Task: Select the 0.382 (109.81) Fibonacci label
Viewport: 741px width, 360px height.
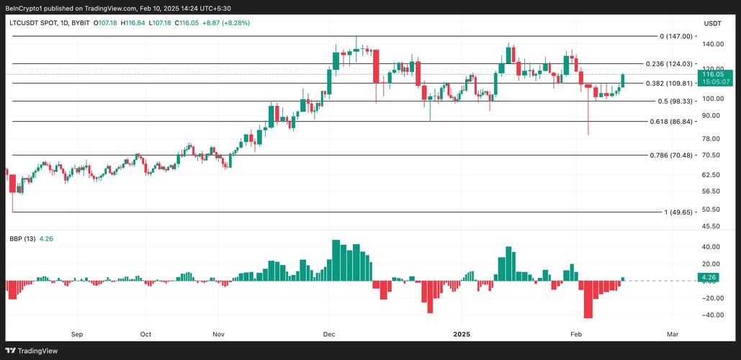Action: (x=668, y=84)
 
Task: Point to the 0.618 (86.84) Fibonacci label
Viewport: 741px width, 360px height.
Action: (x=670, y=122)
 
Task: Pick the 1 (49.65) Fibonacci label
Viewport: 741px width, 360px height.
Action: (x=678, y=212)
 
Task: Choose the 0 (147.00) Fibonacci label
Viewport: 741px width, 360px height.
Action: (x=675, y=36)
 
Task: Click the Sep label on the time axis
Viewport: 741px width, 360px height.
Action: (x=77, y=334)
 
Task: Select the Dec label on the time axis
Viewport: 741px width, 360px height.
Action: (x=329, y=334)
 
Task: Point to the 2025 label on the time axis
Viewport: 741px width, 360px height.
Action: (x=462, y=334)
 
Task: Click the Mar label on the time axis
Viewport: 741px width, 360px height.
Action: (x=673, y=334)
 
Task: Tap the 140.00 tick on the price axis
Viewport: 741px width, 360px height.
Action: (x=712, y=45)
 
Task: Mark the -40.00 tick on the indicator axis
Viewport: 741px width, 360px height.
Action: (x=711, y=315)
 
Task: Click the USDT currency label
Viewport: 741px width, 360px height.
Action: (x=712, y=24)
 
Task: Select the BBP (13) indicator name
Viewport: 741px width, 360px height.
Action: (x=22, y=239)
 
